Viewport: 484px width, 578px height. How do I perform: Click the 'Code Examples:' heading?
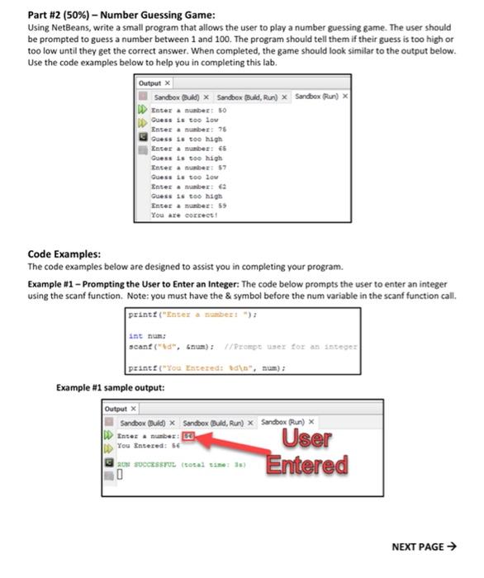(x=64, y=253)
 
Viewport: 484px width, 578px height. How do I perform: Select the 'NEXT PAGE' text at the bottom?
(x=423, y=547)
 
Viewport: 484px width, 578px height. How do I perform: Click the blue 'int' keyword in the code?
(x=135, y=337)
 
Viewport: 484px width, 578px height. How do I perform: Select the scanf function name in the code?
(x=140, y=345)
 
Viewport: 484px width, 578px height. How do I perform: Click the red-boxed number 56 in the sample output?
(x=188, y=433)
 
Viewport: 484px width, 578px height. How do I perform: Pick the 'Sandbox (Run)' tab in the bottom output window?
(x=286, y=422)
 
